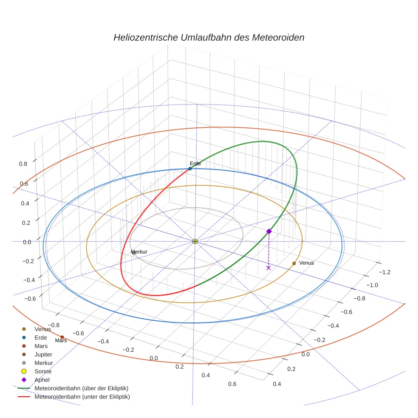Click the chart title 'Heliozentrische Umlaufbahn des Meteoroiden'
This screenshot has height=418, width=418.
(x=209, y=37)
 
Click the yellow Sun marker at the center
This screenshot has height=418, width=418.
(x=195, y=241)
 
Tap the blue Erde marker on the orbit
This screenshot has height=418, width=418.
(x=190, y=169)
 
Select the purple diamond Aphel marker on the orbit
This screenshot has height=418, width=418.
(x=269, y=231)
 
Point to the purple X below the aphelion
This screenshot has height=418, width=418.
(x=268, y=268)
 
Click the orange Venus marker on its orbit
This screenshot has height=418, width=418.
(x=294, y=263)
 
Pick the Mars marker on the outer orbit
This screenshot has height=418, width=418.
(x=62, y=337)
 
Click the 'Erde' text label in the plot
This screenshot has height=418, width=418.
(x=195, y=164)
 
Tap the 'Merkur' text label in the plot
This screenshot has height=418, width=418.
(x=139, y=252)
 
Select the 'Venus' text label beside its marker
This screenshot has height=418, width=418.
(x=306, y=263)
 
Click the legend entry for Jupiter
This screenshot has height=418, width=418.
(x=43, y=354)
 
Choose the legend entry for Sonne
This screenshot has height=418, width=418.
(x=43, y=371)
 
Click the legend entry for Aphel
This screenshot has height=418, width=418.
(x=42, y=380)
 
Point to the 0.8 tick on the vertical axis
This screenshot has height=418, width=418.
(x=23, y=164)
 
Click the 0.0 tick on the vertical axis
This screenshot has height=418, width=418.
(x=27, y=242)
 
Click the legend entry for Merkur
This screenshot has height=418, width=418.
(x=43, y=363)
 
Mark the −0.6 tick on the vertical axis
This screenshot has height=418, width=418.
(x=30, y=299)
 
